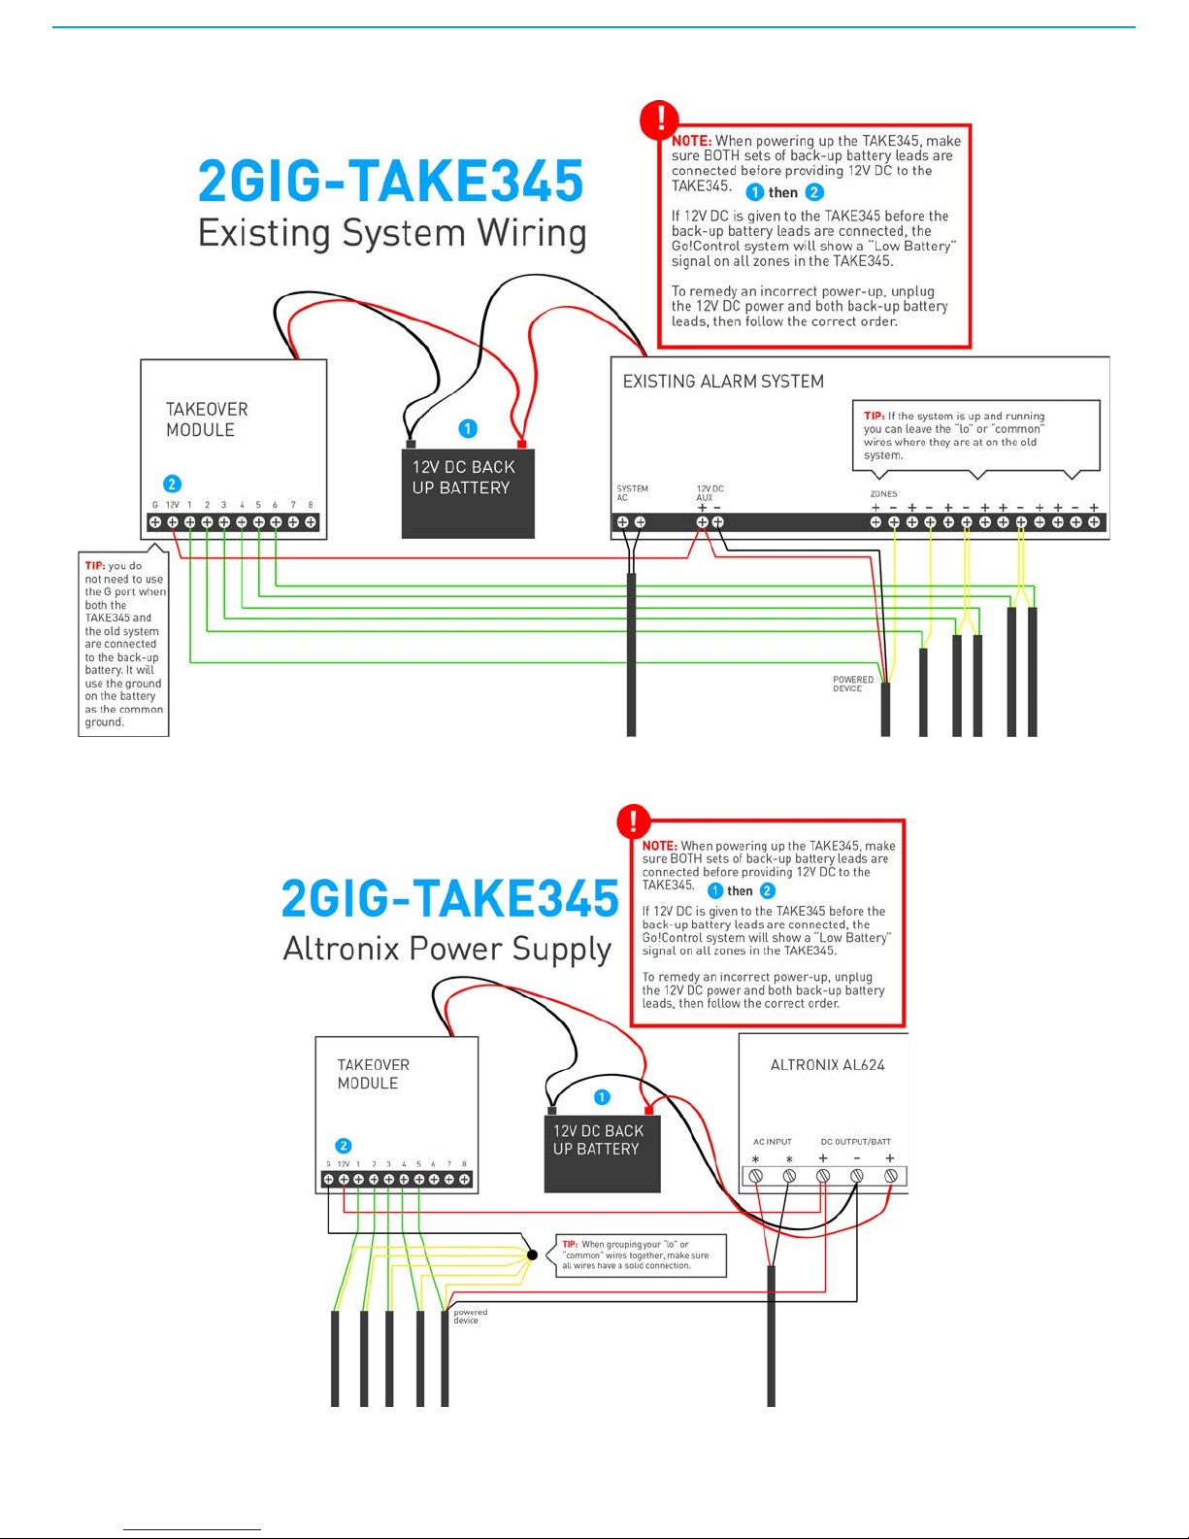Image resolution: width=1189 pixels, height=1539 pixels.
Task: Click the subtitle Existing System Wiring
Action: tap(392, 232)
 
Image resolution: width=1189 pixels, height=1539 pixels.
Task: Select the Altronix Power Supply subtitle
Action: tap(446, 949)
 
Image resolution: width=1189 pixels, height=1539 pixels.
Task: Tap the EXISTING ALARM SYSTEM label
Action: tap(723, 381)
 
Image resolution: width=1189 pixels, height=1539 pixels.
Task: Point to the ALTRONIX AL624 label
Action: tap(827, 1064)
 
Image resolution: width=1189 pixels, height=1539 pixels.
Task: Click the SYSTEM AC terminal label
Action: tap(632, 493)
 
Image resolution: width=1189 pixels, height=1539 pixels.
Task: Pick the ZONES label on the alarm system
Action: tap(883, 493)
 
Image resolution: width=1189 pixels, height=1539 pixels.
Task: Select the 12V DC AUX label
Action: tap(710, 493)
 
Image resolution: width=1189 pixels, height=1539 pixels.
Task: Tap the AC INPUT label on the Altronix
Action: tap(773, 1142)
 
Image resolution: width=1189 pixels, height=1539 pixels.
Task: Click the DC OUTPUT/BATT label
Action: tap(856, 1142)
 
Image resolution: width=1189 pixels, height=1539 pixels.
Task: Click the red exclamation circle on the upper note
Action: tap(660, 119)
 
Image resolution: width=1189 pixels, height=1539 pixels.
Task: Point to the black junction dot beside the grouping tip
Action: tap(532, 1255)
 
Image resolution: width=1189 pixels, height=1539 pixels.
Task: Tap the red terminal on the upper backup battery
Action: tap(521, 444)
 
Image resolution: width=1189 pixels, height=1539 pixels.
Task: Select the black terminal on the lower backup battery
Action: tap(552, 1111)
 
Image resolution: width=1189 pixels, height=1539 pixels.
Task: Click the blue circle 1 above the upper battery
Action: tap(468, 428)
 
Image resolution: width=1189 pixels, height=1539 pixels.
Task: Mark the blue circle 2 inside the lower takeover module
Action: tap(344, 1145)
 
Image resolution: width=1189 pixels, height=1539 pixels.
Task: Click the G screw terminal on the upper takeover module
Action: tap(155, 522)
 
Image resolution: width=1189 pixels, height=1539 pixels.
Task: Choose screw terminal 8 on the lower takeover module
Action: tap(464, 1179)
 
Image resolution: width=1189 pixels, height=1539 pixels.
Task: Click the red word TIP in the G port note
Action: tap(95, 566)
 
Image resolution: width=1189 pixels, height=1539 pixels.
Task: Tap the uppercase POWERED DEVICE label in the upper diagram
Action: tap(853, 684)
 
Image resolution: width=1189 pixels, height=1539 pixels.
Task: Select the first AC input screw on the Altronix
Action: tap(756, 1176)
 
